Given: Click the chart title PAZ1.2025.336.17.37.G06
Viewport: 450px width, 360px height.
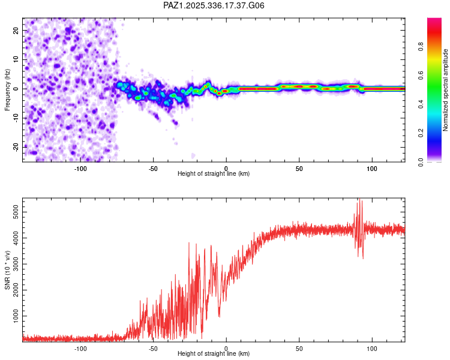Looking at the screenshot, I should [x=214, y=5].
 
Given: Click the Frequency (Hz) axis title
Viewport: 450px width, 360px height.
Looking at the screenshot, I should [x=8, y=89].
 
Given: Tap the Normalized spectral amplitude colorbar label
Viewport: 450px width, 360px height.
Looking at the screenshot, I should [x=446, y=89].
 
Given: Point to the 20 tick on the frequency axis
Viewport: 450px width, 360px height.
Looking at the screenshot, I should [x=16, y=30].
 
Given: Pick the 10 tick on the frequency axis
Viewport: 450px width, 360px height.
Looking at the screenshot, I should [x=16, y=59].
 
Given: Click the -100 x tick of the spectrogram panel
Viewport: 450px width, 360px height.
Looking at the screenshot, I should [x=80, y=168].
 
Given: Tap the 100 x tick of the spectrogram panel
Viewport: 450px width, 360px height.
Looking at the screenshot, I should [x=372, y=168].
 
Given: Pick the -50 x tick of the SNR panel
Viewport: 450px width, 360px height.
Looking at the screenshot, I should [x=153, y=349].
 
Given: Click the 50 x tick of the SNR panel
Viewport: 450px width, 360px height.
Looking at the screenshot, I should [x=299, y=349].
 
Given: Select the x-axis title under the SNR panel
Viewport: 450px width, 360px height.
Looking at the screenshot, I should [x=214, y=354].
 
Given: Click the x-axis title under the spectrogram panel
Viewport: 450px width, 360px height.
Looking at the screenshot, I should [x=214, y=173].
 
